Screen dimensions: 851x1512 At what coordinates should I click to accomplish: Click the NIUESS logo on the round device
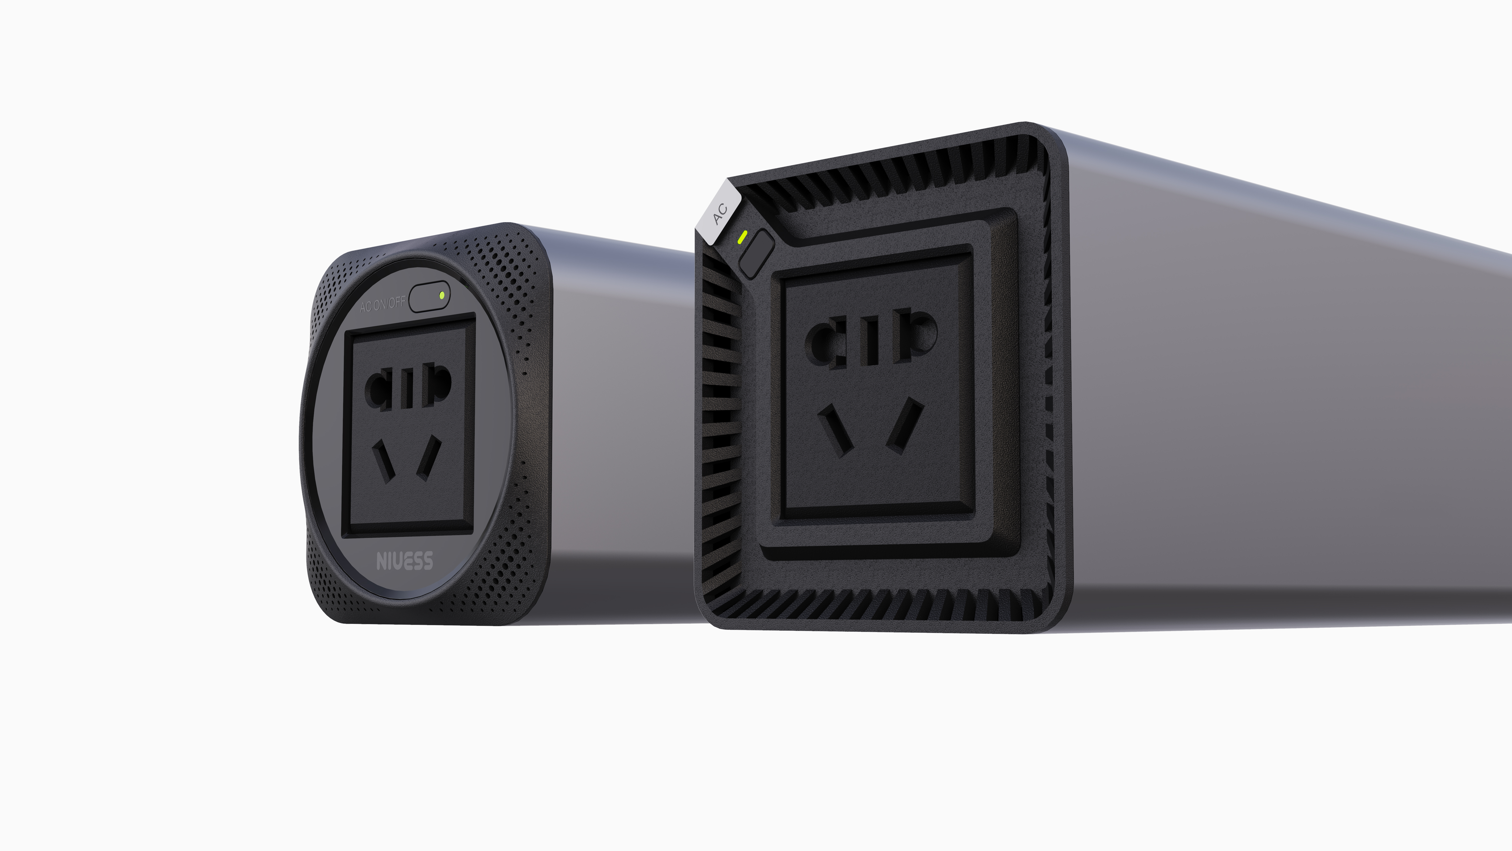click(404, 561)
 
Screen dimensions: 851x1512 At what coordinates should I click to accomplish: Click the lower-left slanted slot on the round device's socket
click(385, 461)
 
